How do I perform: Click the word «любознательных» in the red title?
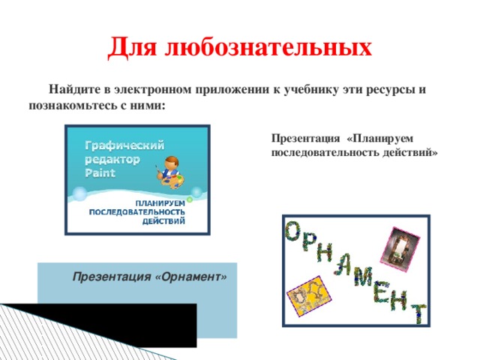point(268,46)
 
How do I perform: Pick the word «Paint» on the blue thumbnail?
point(100,173)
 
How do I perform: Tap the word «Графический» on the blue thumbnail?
point(124,145)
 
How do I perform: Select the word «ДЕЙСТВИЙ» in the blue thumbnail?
point(163,220)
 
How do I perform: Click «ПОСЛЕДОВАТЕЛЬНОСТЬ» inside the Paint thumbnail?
point(137,211)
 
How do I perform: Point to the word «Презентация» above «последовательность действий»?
point(305,139)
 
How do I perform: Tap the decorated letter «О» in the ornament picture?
point(294,231)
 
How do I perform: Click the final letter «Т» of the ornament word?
point(418,313)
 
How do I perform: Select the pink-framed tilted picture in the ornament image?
point(400,250)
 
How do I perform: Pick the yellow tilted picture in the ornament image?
point(309,295)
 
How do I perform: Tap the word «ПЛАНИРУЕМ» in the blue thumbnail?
point(160,203)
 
